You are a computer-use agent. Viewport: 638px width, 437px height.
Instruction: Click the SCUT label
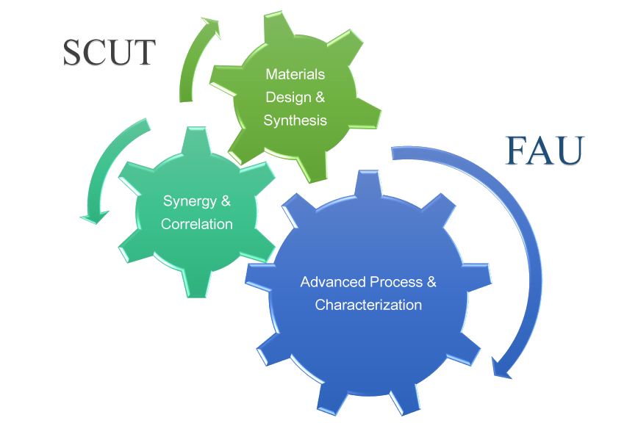click(x=110, y=53)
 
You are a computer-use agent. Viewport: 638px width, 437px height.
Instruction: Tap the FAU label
click(x=544, y=151)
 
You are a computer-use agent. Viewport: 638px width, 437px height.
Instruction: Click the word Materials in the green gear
click(x=295, y=74)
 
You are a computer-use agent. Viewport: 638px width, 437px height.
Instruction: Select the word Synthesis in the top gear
click(x=295, y=120)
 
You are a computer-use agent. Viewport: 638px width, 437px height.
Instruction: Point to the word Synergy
click(x=187, y=201)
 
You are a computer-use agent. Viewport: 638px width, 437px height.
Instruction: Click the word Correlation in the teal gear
click(x=197, y=224)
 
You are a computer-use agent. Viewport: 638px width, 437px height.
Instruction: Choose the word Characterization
click(x=368, y=305)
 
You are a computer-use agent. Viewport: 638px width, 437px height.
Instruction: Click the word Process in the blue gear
click(x=396, y=282)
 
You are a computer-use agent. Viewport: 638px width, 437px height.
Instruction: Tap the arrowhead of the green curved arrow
click(x=211, y=28)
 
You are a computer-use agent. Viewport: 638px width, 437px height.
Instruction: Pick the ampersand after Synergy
click(x=226, y=201)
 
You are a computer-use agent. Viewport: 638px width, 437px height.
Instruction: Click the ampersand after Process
click(x=431, y=282)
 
